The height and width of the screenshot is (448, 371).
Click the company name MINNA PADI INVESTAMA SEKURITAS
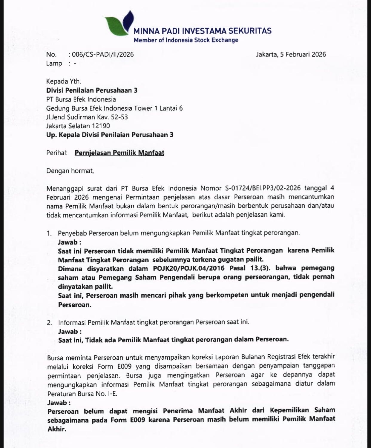coord(202,31)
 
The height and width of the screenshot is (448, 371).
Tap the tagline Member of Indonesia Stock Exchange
coord(186,40)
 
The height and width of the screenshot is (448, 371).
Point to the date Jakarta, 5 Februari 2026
coord(291,54)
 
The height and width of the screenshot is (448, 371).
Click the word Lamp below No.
coord(54,63)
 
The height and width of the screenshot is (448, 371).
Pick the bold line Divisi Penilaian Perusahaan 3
coord(92,90)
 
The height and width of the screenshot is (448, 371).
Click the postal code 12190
coord(101,126)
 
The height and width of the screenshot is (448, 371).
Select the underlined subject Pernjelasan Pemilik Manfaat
coord(119,153)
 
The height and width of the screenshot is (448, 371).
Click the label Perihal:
coord(57,153)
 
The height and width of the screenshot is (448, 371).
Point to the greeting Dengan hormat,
coord(70,171)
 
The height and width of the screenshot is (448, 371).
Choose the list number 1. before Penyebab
coord(49,233)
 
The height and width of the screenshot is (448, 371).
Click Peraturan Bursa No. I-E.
coord(82,394)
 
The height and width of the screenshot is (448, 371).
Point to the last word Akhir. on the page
coord(57,429)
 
